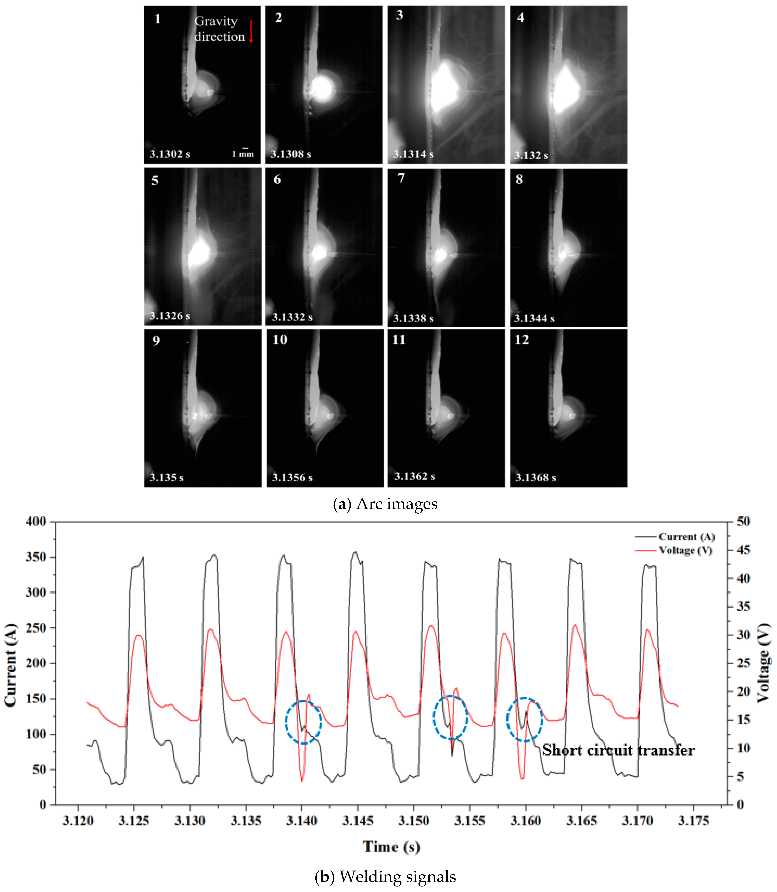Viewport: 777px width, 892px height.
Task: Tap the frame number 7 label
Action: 401,178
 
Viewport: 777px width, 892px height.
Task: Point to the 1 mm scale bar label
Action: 243,154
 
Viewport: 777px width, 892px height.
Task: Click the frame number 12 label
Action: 522,340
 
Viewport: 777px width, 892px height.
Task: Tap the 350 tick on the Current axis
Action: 36,557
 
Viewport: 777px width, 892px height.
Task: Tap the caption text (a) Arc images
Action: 385,504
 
